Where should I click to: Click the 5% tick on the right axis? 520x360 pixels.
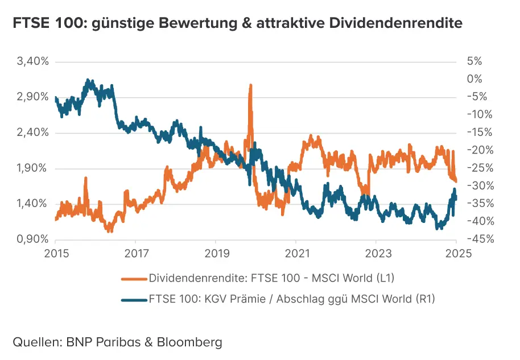[x=474, y=61]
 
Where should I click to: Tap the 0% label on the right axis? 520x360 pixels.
[x=474, y=79]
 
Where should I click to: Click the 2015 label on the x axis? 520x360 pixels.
[x=56, y=254]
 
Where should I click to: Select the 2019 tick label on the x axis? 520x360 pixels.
[x=216, y=254]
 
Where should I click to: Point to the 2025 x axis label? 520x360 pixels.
[x=456, y=254]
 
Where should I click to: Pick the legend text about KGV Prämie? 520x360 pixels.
[x=291, y=299]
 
